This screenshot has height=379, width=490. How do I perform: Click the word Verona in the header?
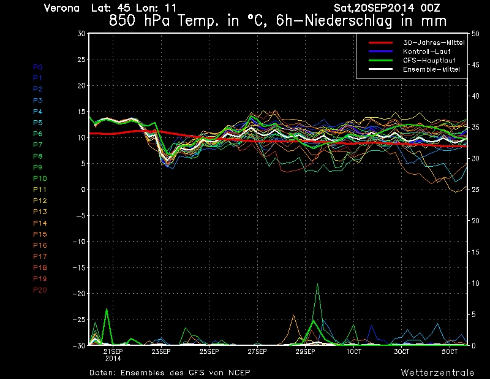(x=62, y=8)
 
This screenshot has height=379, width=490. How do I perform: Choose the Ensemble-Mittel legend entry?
(x=431, y=69)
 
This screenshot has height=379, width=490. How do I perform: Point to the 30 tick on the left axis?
(x=81, y=34)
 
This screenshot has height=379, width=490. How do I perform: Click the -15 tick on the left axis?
(x=78, y=268)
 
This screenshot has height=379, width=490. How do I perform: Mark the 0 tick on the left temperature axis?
(x=82, y=190)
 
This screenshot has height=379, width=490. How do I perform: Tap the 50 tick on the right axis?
(x=472, y=34)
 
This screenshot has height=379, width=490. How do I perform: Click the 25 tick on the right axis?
(x=472, y=190)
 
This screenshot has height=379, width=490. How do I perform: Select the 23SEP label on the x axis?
(x=160, y=352)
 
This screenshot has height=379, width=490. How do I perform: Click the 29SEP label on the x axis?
(x=305, y=352)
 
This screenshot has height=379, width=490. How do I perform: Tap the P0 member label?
(x=38, y=67)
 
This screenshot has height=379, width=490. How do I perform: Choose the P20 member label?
(x=40, y=290)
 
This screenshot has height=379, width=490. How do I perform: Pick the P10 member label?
(x=40, y=178)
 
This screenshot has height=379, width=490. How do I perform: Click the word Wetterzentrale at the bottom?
(x=437, y=372)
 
